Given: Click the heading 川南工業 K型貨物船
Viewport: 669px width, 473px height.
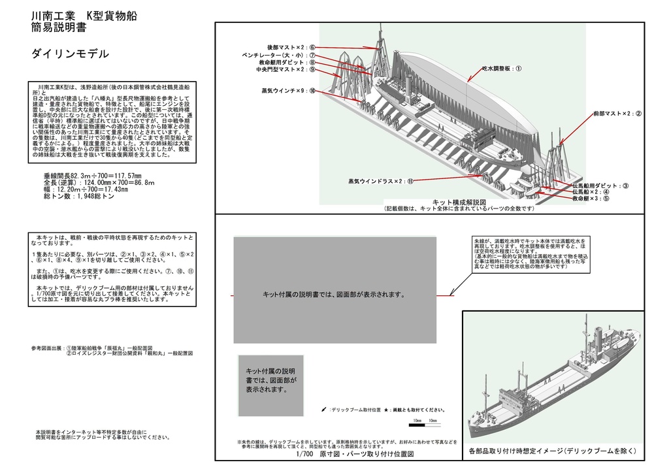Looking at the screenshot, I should click(84, 16).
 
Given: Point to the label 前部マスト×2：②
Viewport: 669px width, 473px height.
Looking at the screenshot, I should click(617, 114).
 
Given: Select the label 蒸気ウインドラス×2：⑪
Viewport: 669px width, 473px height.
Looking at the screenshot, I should click(381, 180).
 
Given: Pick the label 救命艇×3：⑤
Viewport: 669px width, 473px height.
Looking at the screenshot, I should click(590, 199).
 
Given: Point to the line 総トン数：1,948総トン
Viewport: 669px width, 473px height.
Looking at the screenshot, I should click(78, 196).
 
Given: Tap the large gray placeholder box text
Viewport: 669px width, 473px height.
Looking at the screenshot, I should click(334, 295).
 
